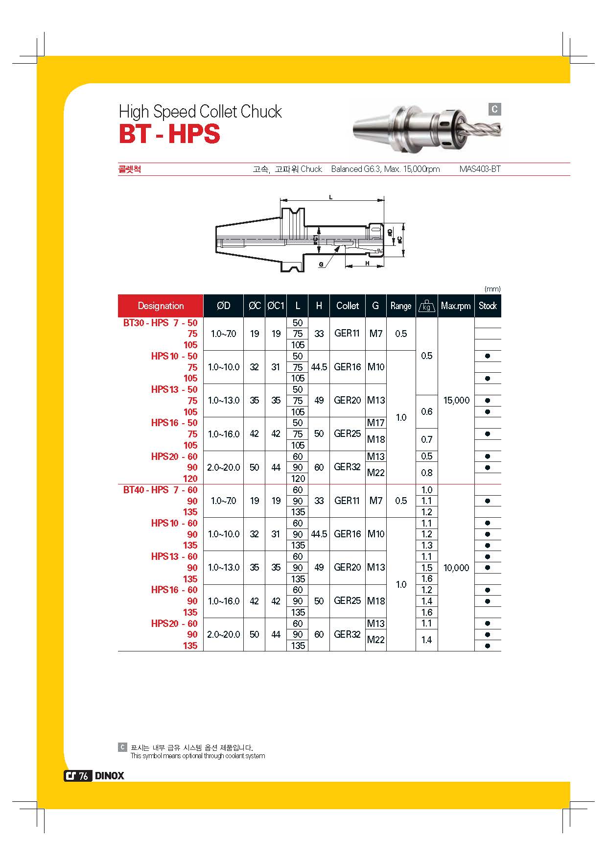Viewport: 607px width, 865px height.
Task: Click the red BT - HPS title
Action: point(169,134)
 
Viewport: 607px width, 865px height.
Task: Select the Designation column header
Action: point(161,306)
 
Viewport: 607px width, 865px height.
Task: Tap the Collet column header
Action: point(348,306)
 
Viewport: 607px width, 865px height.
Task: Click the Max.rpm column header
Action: point(456,306)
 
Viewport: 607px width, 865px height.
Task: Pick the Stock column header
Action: point(488,306)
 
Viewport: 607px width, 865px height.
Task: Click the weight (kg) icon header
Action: point(426,306)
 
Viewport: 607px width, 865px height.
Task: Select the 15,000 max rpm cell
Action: point(456,401)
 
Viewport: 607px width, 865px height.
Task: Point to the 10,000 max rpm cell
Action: point(456,568)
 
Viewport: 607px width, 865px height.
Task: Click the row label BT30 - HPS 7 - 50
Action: point(161,323)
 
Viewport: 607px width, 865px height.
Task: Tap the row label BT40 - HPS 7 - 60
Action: point(161,490)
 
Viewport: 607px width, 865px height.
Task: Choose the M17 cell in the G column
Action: point(376,423)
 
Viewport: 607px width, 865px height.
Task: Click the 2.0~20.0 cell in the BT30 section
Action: point(224,467)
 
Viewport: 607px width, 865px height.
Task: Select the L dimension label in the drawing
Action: point(331,197)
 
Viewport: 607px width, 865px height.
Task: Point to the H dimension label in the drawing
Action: point(367,264)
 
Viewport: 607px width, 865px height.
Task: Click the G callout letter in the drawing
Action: point(321,264)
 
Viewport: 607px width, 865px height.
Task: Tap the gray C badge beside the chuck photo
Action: point(494,109)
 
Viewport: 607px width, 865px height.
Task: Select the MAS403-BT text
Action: point(480,169)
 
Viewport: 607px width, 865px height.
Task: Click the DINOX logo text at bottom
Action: point(109,776)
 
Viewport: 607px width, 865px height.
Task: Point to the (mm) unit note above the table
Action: point(492,289)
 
